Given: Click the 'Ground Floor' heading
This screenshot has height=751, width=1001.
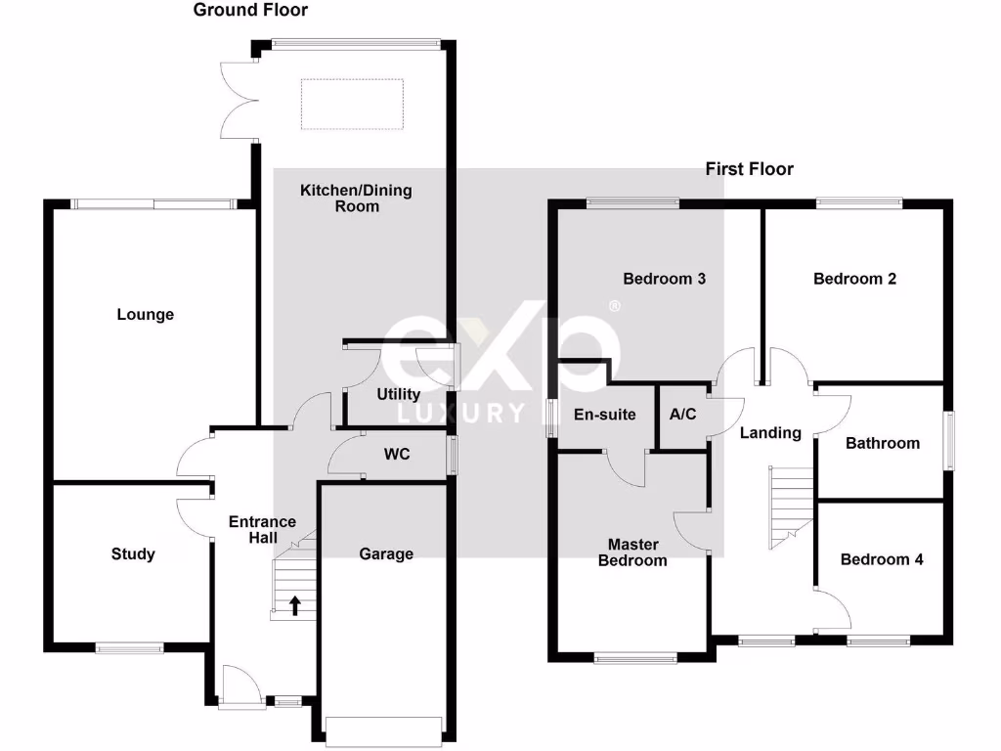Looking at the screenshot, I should click(250, 11).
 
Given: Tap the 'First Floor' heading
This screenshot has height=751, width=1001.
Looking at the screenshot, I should click(750, 169).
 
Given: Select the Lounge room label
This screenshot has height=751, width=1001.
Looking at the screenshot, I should click(146, 315).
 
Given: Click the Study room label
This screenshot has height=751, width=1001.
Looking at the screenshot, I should click(133, 554).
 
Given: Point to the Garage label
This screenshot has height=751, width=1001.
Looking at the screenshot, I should click(386, 554).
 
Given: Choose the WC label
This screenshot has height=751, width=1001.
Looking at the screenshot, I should click(397, 454).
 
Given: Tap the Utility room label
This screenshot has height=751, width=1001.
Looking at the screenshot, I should click(399, 394).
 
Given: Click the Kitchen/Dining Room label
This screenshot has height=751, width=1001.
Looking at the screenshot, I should click(356, 199).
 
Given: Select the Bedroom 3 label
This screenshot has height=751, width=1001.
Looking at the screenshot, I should click(665, 279).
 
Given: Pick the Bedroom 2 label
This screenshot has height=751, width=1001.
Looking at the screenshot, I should click(855, 279).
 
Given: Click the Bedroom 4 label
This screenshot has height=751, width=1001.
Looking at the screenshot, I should click(882, 559).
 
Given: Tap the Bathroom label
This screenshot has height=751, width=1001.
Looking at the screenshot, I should click(883, 443).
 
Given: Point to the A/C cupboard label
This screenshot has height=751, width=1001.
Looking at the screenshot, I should click(682, 415).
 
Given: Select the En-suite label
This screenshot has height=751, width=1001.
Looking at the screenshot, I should click(605, 415).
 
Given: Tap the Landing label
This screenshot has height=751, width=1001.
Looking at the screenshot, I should click(770, 432).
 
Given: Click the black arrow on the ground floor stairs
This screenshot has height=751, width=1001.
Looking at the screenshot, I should click(294, 606).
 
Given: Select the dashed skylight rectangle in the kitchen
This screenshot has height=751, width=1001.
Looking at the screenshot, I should click(352, 105).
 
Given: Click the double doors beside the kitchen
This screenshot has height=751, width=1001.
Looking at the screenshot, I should click(239, 99).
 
